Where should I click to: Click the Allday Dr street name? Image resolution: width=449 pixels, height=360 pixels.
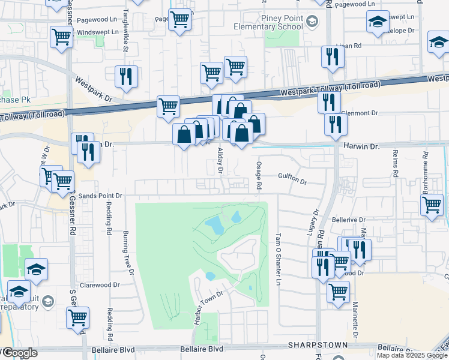pos(220,161)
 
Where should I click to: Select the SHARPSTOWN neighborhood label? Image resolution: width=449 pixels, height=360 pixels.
pos(309,345)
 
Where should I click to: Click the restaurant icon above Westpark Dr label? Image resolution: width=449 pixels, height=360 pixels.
pos(127,76)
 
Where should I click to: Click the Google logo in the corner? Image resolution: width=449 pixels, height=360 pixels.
pos(19,353)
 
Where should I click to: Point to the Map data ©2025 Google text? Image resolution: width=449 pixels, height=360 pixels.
pos(412,355)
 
